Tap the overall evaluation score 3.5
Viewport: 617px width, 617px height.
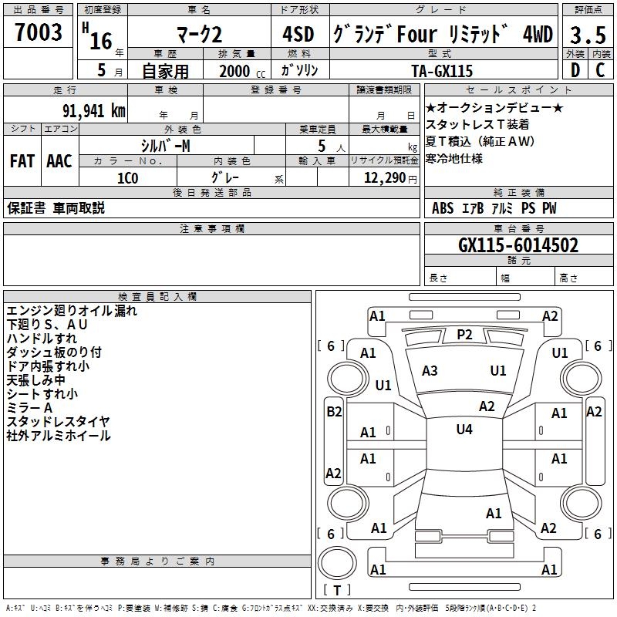tap(587, 35)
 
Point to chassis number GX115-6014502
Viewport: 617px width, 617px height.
tap(518, 245)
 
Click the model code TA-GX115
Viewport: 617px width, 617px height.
tap(442, 70)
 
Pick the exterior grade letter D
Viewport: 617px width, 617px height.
tap(575, 70)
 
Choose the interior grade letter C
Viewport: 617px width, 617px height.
tap(600, 70)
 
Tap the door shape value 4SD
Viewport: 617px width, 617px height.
tap(298, 34)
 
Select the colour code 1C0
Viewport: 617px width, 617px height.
tap(127, 177)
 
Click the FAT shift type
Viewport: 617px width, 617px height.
tap(22, 161)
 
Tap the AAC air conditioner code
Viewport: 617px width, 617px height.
tap(59, 161)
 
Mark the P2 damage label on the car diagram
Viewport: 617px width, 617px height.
tap(464, 334)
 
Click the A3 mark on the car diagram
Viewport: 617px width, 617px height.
tap(430, 371)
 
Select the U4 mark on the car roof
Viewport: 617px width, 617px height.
tap(464, 430)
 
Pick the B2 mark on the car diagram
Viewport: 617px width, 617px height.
tap(333, 412)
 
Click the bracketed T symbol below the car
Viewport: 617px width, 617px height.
tap(337, 590)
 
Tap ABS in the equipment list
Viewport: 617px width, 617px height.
tap(443, 208)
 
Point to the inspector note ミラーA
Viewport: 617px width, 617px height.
tap(30, 407)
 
